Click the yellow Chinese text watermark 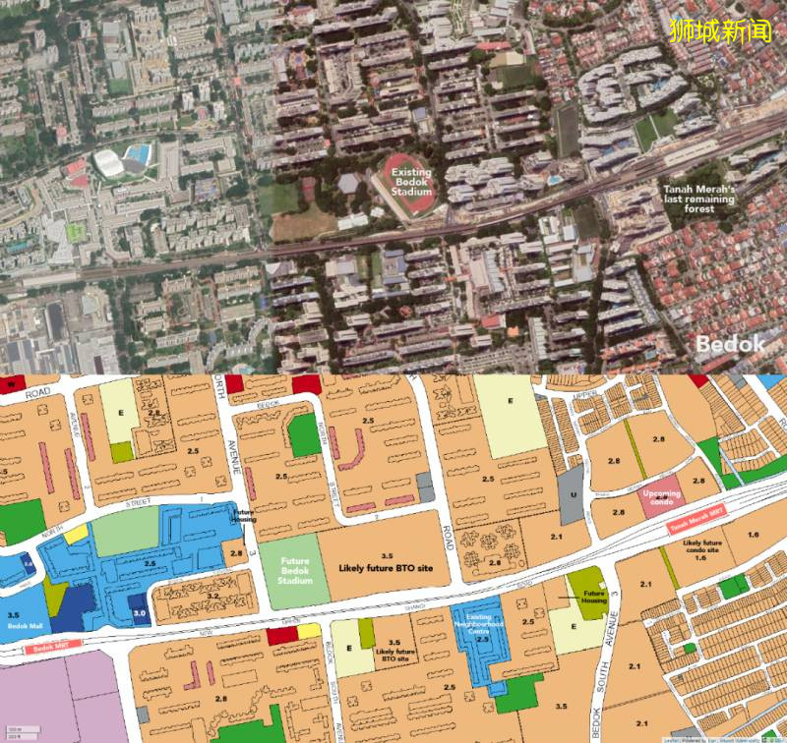[723, 30]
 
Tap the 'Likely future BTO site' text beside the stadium [387, 567]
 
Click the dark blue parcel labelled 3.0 [141, 612]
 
